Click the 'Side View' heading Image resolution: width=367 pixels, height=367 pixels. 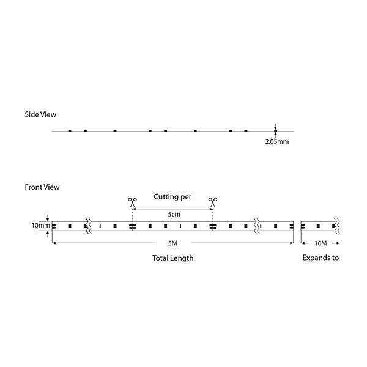click(40, 114)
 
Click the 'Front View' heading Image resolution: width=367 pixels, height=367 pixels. click(42, 187)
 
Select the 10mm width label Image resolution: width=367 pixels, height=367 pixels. click(41, 226)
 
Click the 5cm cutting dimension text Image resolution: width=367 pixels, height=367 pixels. click(173, 215)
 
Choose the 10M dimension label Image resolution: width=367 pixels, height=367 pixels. click(320, 243)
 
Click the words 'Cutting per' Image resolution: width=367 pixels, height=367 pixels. click(172, 197)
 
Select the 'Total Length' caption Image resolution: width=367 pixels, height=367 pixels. click(172, 258)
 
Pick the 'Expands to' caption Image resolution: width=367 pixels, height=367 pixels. click(321, 258)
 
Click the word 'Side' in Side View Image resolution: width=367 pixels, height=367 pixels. click(32, 114)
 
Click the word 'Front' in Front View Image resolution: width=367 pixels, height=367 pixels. click(34, 187)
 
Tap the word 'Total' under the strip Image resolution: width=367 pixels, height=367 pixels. click(161, 258)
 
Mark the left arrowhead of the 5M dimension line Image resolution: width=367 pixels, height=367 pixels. click(54, 243)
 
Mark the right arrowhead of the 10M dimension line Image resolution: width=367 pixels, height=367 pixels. click(338, 243)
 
